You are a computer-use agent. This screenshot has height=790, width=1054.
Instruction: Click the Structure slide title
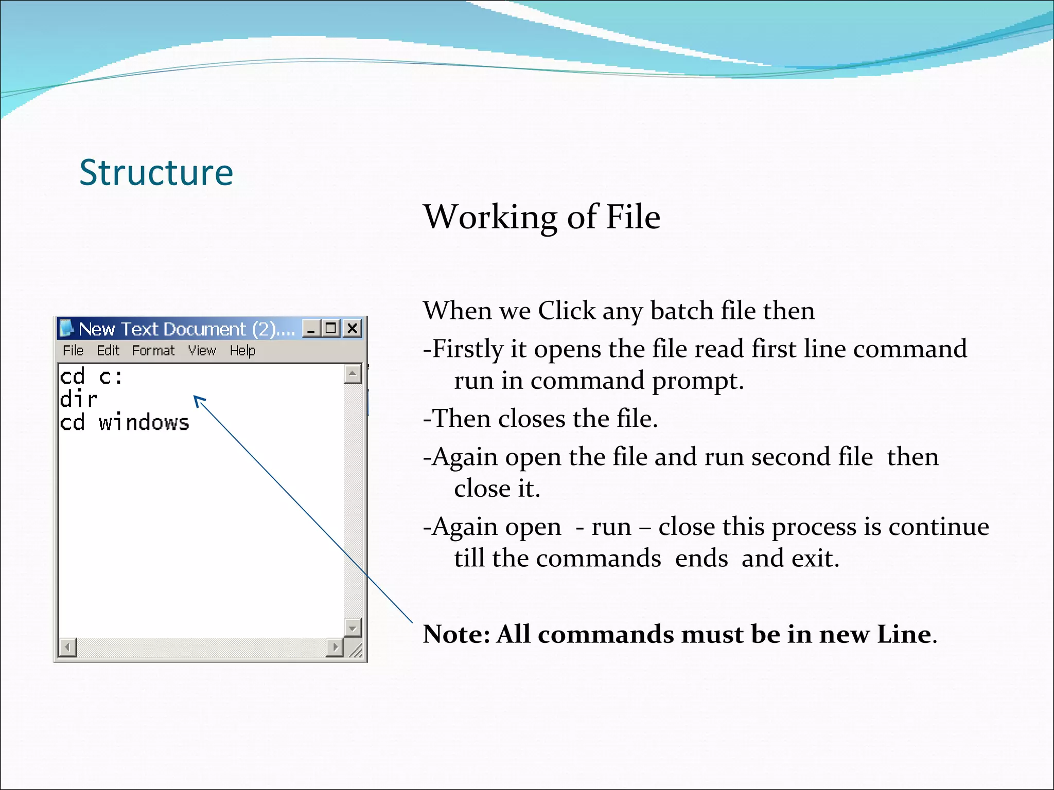(156, 173)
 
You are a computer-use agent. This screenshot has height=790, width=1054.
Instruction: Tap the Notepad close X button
(353, 328)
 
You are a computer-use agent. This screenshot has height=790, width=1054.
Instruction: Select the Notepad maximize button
(331, 328)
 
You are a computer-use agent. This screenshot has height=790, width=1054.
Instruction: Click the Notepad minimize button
(311, 328)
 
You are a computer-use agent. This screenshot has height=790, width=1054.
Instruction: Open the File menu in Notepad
(73, 351)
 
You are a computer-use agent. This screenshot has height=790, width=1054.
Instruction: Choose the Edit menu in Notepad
(108, 351)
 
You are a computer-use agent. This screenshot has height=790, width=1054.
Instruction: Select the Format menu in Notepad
(153, 351)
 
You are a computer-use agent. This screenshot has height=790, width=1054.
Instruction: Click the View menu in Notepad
(202, 351)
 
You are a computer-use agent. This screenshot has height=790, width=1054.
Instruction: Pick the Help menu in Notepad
(242, 351)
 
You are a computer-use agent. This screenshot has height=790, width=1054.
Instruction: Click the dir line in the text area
(78, 400)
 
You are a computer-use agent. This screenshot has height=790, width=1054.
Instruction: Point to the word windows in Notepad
(144, 423)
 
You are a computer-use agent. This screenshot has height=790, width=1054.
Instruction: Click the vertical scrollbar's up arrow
(353, 373)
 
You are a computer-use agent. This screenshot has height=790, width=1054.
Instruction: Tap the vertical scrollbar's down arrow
(353, 627)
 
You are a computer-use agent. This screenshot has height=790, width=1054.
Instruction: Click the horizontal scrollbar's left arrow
(67, 647)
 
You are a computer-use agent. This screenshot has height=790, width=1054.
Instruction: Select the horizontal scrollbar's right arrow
(335, 647)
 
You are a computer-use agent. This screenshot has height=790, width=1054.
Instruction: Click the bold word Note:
(456, 635)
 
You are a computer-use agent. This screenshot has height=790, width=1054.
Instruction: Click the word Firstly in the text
(467, 349)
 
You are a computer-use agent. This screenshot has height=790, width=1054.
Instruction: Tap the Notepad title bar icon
(66, 328)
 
